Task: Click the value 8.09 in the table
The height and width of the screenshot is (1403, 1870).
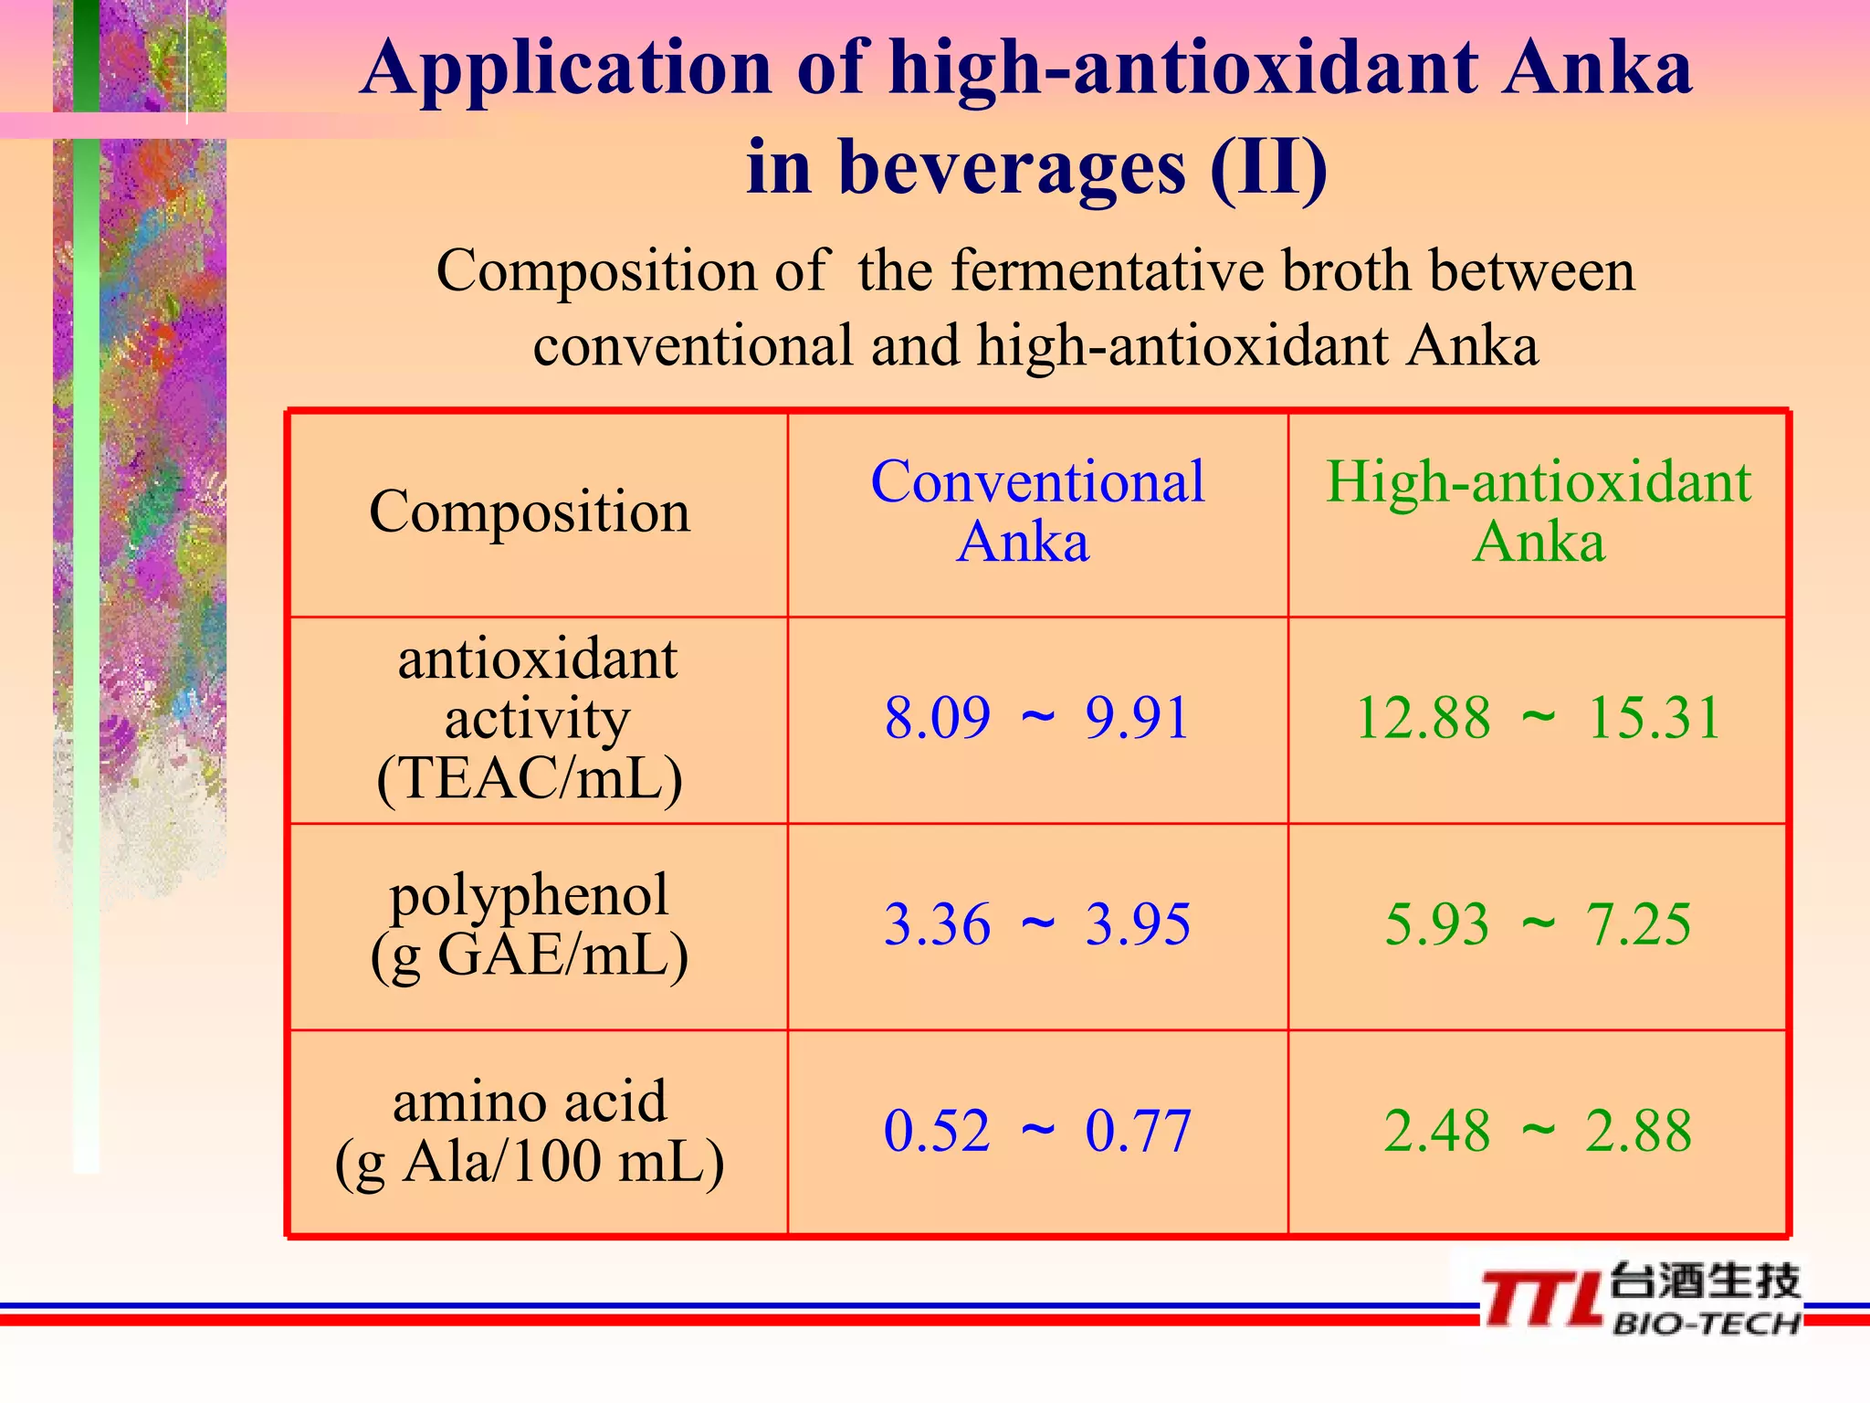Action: point(937,718)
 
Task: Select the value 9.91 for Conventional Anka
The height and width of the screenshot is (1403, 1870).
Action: point(1137,718)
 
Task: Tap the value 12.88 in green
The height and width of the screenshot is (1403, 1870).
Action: point(1423,718)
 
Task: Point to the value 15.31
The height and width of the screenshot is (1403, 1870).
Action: point(1655,718)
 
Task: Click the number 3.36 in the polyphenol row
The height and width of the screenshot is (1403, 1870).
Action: point(937,924)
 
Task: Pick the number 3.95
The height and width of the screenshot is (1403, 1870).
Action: point(1138,924)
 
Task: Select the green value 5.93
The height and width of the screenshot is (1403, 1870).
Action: point(1436,924)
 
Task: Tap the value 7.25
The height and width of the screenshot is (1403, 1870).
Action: point(1638,924)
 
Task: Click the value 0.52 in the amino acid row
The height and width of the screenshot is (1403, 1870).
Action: point(937,1131)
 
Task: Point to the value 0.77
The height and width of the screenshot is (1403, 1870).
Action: point(1138,1131)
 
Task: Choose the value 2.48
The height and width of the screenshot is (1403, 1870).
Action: point(1436,1131)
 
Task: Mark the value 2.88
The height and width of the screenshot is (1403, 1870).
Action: point(1638,1131)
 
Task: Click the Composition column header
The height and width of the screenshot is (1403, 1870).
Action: point(530,512)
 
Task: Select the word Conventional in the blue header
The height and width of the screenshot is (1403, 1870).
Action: point(1037,481)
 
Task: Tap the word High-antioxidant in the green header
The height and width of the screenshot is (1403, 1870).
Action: point(1539,481)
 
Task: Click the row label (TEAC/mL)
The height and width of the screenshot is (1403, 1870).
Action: point(530,778)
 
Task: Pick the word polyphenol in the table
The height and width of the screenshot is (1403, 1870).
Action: point(530,895)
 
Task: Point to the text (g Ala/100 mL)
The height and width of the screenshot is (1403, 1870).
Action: point(530,1162)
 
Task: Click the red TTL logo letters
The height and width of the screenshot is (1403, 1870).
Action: point(1541,1299)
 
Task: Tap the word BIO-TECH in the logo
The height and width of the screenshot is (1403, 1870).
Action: point(1706,1324)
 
